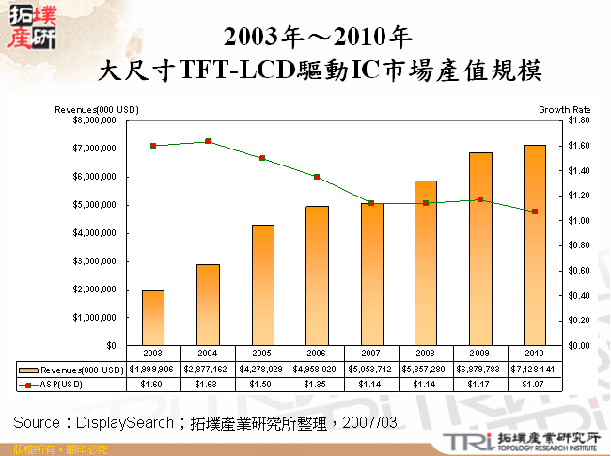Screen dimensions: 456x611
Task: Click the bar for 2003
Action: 153,318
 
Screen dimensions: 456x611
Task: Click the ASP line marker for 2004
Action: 208,141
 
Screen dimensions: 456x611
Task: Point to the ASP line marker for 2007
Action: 371,203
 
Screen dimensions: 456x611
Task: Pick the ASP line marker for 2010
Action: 534,212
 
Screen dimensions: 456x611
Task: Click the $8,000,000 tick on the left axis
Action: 92,120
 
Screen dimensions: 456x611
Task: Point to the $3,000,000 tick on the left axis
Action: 92,261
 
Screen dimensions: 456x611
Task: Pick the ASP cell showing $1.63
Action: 208,384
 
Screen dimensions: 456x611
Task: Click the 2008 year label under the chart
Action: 425,354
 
